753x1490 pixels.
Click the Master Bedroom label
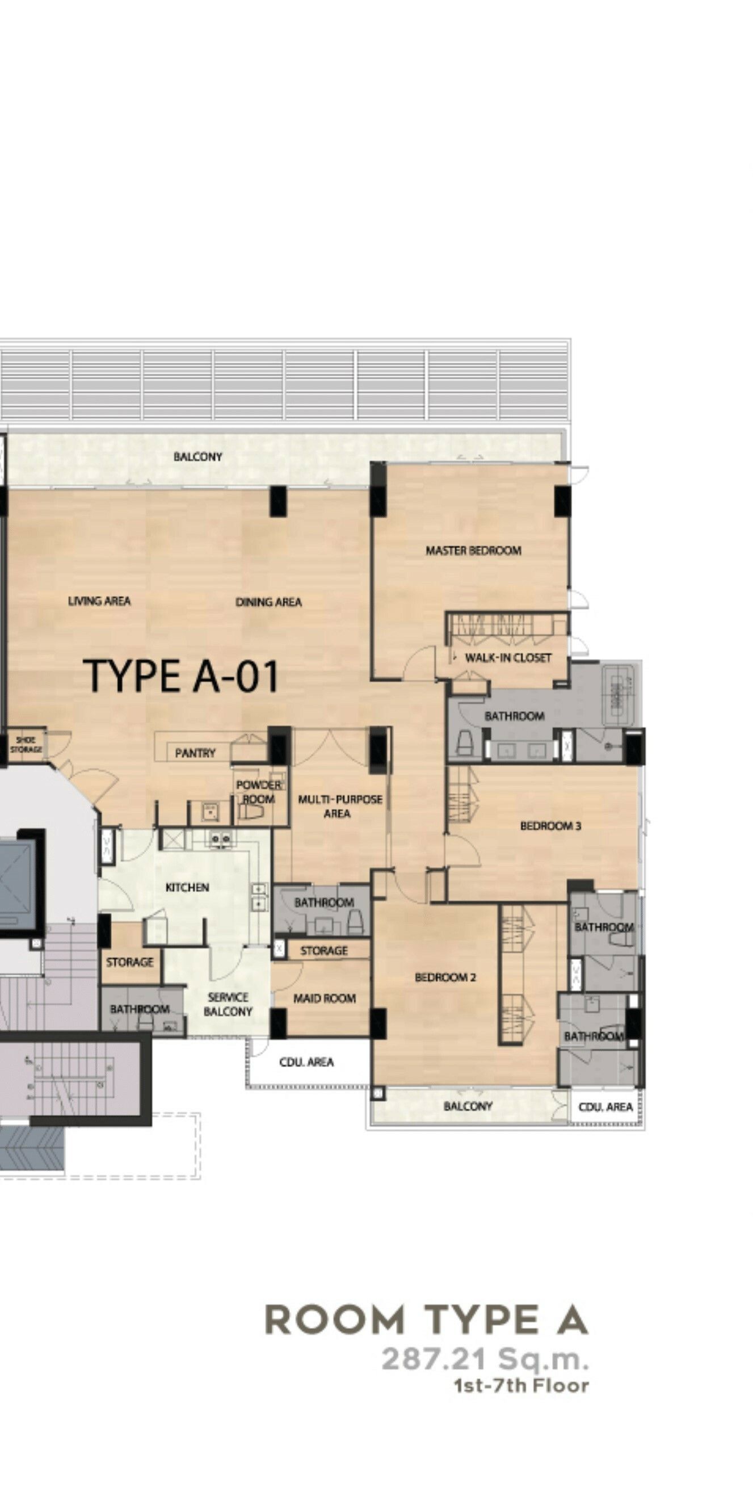(473, 551)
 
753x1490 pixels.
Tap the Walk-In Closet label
(508, 658)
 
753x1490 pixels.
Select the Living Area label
(99, 601)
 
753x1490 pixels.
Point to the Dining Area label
(268, 602)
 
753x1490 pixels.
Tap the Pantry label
(195, 753)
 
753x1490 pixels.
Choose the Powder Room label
(259, 792)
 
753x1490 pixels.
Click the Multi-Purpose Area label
(339, 807)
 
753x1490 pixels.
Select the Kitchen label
(187, 887)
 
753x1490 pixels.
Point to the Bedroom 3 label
(550, 826)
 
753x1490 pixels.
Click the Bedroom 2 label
(445, 977)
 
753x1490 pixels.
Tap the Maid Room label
(324, 998)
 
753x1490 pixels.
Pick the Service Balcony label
(228, 1004)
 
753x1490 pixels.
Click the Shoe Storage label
(26, 744)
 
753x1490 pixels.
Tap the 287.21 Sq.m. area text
(485, 1359)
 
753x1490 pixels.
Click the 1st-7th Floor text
(521, 1386)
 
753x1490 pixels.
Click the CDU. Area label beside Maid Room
(306, 1063)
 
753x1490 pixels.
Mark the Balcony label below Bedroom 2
(468, 1106)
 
